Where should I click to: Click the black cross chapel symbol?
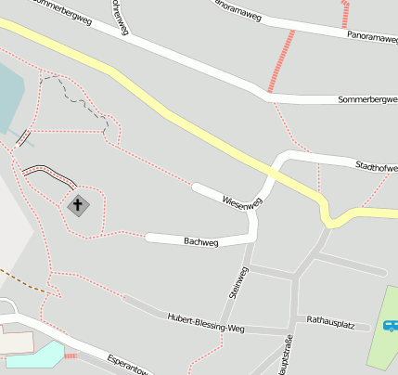point(78,204)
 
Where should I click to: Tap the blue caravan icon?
point(391,326)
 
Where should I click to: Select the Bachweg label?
point(200,241)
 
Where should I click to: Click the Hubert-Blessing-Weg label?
point(205,320)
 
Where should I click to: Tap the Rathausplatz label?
point(331,324)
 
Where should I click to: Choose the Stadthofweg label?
point(376,167)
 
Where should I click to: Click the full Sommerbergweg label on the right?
point(367,99)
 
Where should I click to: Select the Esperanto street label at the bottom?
point(128,363)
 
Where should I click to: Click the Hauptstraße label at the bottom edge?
point(284,357)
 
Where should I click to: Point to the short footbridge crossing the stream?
point(23,139)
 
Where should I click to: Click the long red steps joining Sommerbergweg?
point(281,60)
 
